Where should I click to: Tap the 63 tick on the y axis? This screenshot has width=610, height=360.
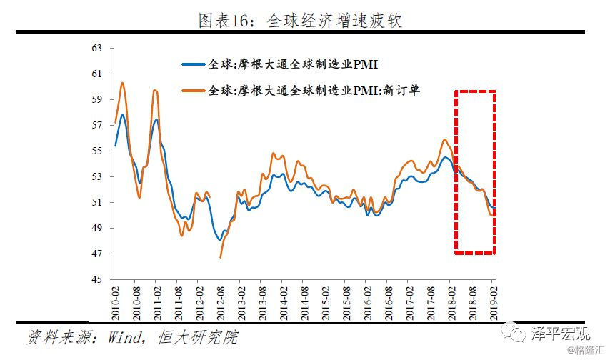click(x=99, y=49)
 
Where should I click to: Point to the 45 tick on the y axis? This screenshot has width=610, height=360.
click(x=99, y=279)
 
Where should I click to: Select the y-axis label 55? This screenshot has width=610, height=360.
click(x=99, y=151)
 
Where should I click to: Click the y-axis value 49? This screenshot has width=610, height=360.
click(x=99, y=229)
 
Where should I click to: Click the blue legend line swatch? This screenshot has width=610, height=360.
click(x=192, y=65)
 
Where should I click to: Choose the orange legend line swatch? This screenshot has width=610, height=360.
click(x=192, y=91)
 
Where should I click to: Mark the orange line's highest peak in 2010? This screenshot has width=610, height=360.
click(x=122, y=83)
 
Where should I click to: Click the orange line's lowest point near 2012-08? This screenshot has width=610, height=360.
click(x=220, y=257)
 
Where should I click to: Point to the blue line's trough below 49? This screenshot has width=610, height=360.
click(x=220, y=239)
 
